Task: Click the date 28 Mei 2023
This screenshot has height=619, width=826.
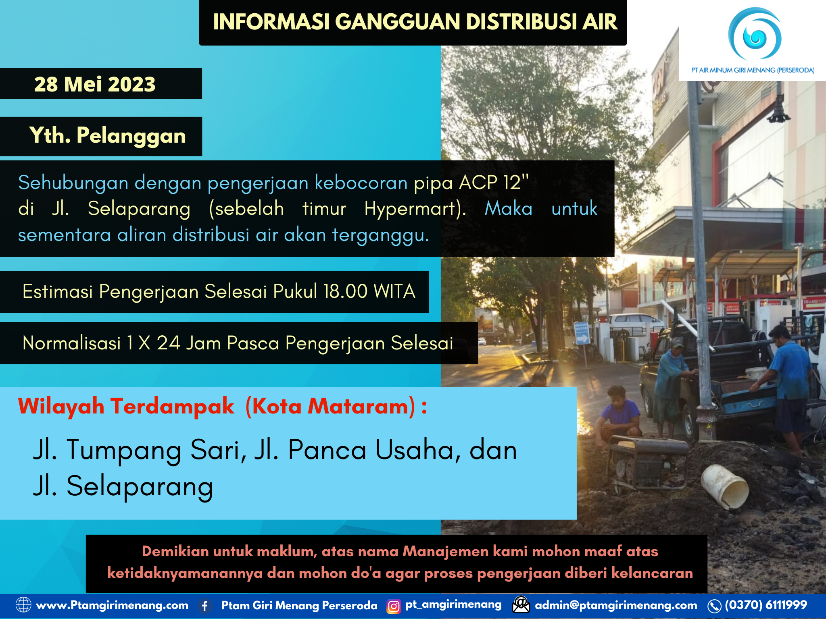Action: point(95,84)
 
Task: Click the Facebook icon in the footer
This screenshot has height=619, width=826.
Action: point(205,606)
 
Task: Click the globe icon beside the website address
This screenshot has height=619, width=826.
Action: point(23,605)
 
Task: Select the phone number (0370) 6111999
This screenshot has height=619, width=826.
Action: point(766,605)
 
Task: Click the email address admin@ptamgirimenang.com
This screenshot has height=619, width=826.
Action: point(616,605)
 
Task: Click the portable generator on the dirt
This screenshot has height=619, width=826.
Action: point(645,463)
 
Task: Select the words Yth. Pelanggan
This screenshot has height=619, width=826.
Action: point(107,135)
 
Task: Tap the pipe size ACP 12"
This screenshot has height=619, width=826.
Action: point(494,183)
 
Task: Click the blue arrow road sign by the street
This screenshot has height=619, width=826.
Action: point(581,334)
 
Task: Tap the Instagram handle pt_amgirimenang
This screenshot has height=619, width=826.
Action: point(453,604)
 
